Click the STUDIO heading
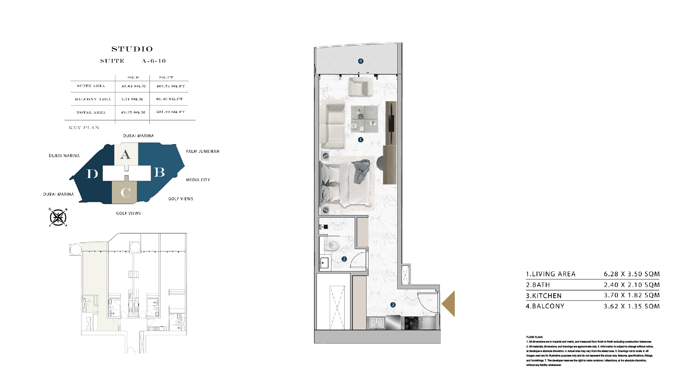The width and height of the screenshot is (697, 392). [132, 49]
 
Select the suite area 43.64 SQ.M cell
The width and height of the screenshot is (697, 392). [133, 86]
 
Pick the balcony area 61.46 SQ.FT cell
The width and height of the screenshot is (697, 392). [169, 99]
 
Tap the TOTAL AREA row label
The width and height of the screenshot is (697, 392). [91, 113]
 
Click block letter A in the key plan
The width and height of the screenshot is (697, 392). [125, 154]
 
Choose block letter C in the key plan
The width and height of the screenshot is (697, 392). [125, 193]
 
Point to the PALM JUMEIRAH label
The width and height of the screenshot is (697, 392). [202, 152]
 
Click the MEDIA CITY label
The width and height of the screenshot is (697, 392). [198, 180]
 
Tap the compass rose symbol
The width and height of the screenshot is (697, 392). [58, 217]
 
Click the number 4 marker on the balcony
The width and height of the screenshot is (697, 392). [361, 61]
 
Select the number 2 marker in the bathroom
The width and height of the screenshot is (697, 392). [344, 259]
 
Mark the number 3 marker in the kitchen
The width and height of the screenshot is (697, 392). [393, 305]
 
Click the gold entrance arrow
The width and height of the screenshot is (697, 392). [449, 303]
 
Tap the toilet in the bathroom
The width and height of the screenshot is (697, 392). [332, 245]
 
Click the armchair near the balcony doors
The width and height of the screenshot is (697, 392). [360, 87]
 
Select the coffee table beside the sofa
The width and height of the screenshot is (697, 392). [364, 119]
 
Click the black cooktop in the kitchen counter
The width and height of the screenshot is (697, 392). [411, 323]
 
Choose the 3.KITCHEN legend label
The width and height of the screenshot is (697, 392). [544, 296]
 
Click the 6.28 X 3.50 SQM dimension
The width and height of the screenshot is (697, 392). [631, 274]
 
